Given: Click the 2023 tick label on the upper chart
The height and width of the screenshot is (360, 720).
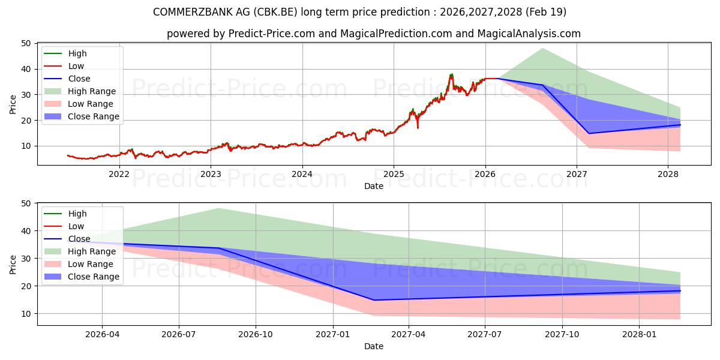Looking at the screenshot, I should tap(211, 174).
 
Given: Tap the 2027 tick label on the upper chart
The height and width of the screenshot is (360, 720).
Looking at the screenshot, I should tap(577, 174).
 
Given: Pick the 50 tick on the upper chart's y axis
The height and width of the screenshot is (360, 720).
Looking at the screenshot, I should tap(26, 43).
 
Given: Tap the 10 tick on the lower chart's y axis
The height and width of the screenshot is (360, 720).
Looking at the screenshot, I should tap(26, 314).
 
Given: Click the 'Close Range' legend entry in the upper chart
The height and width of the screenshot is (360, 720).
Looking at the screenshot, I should tap(94, 116).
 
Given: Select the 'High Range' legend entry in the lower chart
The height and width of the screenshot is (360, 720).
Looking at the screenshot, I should tap(92, 251).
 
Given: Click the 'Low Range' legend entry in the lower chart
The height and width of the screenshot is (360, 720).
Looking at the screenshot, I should tap(91, 264).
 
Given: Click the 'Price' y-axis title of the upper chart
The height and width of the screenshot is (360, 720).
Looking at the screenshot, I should tap(13, 104).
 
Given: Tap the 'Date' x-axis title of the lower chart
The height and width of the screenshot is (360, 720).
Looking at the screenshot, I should tap(373, 346).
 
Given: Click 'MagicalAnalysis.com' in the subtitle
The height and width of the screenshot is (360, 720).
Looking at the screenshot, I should tap(529, 34).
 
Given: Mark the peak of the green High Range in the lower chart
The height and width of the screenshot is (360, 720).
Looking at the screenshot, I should tap(219, 208).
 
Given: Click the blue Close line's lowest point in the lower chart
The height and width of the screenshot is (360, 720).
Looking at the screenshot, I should tap(373, 300).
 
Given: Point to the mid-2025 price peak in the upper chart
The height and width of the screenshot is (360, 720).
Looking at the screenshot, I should tap(451, 74).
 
